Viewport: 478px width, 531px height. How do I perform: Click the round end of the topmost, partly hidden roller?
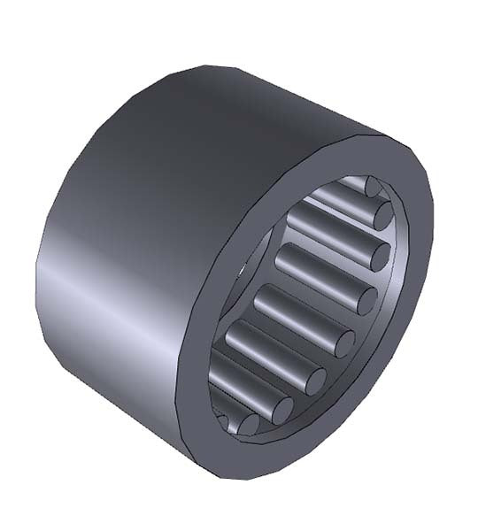[x=371, y=186]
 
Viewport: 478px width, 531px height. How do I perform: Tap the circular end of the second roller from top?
[x=382, y=216]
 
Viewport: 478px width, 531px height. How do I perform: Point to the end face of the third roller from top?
[x=379, y=257]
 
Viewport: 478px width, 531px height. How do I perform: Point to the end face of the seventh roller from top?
[x=281, y=409]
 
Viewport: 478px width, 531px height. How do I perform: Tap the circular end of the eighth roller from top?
[x=249, y=425]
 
